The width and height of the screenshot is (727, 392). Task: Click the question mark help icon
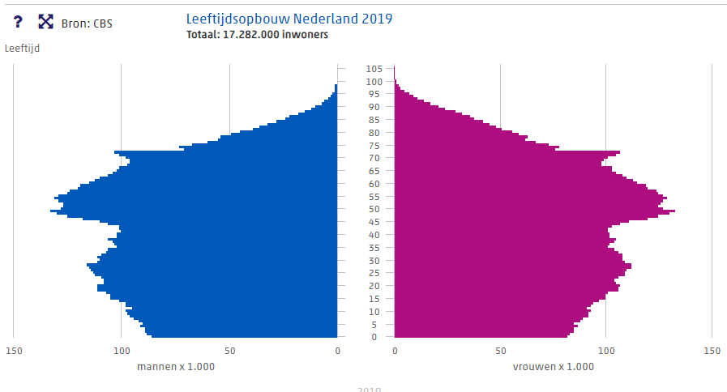coord(18,22)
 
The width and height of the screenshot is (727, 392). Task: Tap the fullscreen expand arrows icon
coord(45,22)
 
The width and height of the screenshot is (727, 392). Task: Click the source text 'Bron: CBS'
coord(87,23)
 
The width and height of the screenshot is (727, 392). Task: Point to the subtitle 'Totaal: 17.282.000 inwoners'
coord(257,35)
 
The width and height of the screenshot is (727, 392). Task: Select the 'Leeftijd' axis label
coord(22,49)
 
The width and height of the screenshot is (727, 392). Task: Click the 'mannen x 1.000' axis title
coord(176,367)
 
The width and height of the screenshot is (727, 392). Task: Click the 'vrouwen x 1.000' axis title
coord(553,367)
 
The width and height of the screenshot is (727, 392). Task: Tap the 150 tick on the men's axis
coord(13,351)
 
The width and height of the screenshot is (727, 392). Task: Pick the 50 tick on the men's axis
coord(229,351)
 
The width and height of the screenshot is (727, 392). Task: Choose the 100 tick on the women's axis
coord(606,351)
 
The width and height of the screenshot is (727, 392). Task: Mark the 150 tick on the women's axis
coord(712,351)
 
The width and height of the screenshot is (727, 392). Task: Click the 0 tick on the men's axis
coord(337,351)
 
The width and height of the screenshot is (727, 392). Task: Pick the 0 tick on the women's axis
coord(395,351)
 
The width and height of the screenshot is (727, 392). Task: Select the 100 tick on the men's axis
coord(122,351)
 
